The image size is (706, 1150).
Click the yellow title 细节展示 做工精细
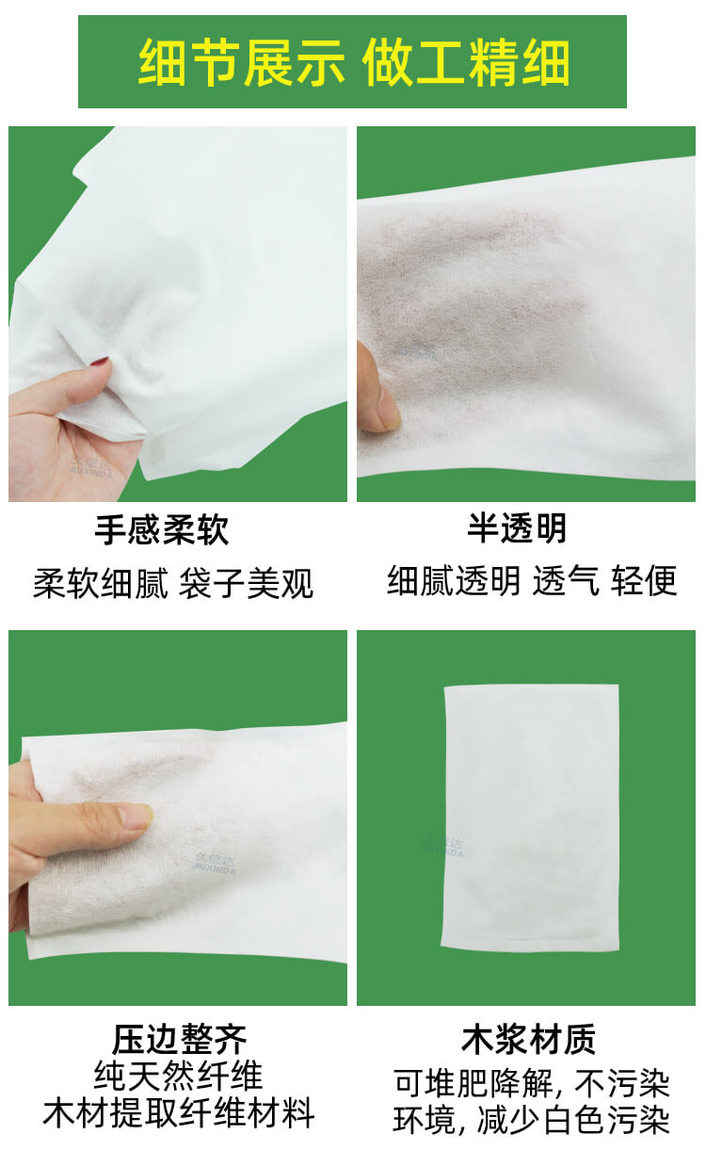[x=353, y=62]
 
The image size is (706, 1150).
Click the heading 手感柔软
[x=161, y=530]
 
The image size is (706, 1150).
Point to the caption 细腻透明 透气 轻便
[x=532, y=581]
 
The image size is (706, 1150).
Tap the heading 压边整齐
[x=179, y=1040]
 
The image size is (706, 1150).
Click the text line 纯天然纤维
[x=179, y=1077]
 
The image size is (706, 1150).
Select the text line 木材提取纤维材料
[x=179, y=1114]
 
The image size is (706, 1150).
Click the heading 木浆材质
[x=528, y=1040]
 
